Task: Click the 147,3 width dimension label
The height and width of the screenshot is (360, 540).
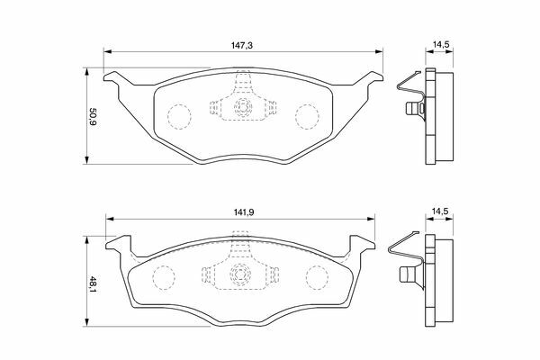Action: (x=241, y=45)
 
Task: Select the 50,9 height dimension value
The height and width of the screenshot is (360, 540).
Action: (x=93, y=116)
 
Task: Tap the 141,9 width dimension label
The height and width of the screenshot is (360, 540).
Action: (x=243, y=212)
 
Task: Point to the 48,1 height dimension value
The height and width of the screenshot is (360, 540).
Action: (x=93, y=284)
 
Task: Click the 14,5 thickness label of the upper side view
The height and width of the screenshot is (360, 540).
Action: (x=440, y=44)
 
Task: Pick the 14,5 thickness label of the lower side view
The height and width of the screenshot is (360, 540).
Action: (x=440, y=211)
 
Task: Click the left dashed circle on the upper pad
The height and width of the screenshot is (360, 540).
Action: (x=179, y=116)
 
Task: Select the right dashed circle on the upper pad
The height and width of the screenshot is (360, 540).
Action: (x=307, y=116)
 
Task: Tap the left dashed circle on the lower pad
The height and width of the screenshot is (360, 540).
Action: (x=164, y=277)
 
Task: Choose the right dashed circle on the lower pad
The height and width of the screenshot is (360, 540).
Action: (x=317, y=277)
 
